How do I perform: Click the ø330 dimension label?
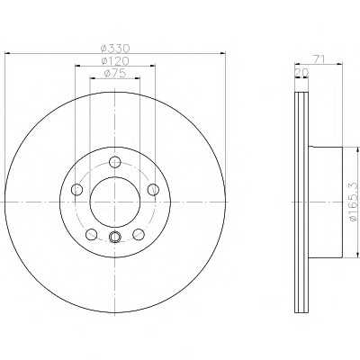tap(115, 48)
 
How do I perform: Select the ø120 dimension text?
tap(115, 61)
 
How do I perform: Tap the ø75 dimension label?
tap(115, 74)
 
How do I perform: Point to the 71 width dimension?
tap(318, 59)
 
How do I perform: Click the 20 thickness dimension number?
tap(302, 72)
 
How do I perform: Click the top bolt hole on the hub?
tap(115, 162)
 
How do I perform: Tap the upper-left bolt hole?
tap(76, 189)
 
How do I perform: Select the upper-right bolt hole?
tap(153, 189)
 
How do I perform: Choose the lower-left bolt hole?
tap(91, 234)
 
